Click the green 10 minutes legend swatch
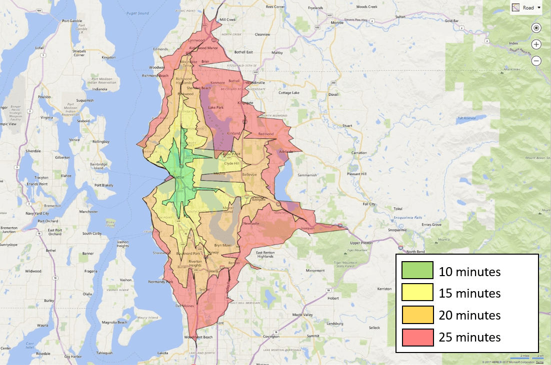pos(417,271)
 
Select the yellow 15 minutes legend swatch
pos(417,293)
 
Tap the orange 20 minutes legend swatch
pos(417,315)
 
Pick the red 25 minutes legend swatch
pos(417,337)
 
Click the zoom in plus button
pos(536,44)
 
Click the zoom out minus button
pos(536,61)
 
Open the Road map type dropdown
pos(526,7)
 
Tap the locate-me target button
pos(536,28)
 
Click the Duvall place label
pos(333,94)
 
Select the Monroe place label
pos(336,22)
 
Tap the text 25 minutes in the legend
pos(469,337)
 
